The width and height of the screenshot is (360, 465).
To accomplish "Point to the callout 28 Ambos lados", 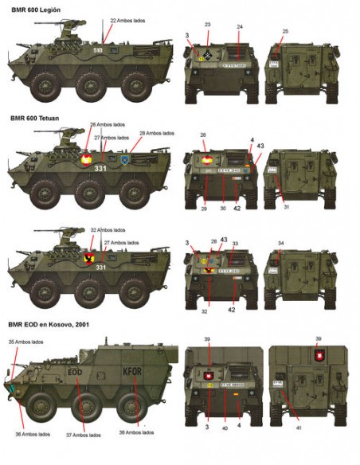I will (x=156, y=133).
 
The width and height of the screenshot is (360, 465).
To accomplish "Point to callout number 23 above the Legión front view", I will (x=207, y=25).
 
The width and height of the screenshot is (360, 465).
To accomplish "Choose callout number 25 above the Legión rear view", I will (x=285, y=30).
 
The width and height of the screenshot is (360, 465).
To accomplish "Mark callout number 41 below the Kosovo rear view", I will (x=297, y=429).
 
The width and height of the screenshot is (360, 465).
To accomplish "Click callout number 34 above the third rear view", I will (x=280, y=243).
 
